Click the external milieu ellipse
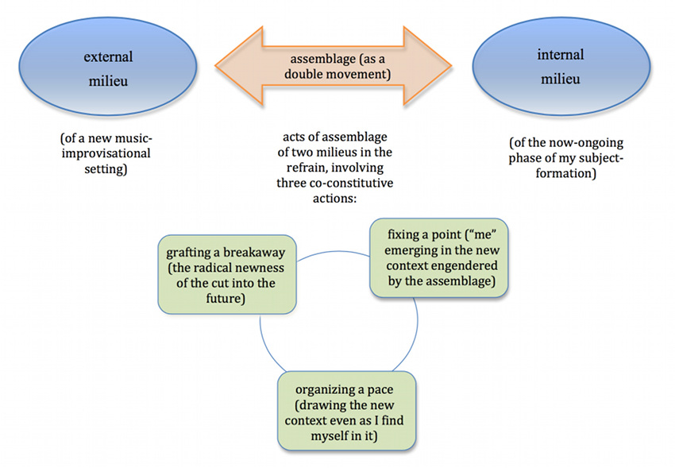108,67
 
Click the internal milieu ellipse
561,67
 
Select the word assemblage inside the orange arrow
323,59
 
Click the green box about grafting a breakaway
227,274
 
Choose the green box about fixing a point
439,258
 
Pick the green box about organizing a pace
346,411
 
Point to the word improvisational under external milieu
106,153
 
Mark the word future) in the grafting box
226,299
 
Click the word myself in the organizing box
330,435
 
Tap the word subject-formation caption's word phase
526,158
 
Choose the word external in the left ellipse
108,57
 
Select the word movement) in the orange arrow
364,75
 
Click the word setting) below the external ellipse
106,168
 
